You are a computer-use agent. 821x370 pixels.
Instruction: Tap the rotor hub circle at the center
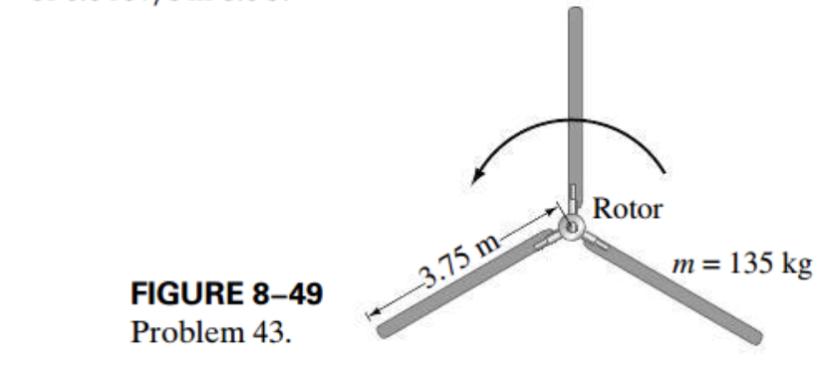point(573,228)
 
